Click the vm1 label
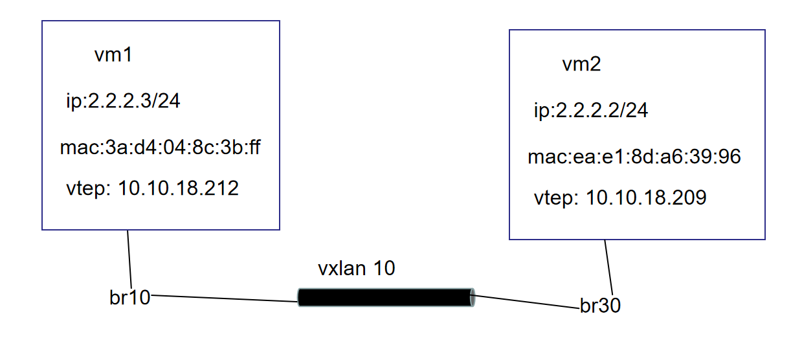[x=113, y=56]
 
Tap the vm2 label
[x=581, y=65]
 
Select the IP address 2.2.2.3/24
[x=123, y=102]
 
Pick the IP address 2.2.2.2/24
[x=591, y=111]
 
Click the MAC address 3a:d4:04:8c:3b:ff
[x=160, y=148]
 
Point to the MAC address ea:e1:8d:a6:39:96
[x=634, y=157]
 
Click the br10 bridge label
[x=129, y=297]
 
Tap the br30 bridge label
[x=600, y=306]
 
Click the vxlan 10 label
[x=356, y=269]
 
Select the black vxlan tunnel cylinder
[x=386, y=297]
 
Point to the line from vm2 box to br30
[x=608, y=265]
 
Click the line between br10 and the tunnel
[x=223, y=298]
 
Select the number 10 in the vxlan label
[x=384, y=269]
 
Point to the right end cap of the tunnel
[x=472, y=297]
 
